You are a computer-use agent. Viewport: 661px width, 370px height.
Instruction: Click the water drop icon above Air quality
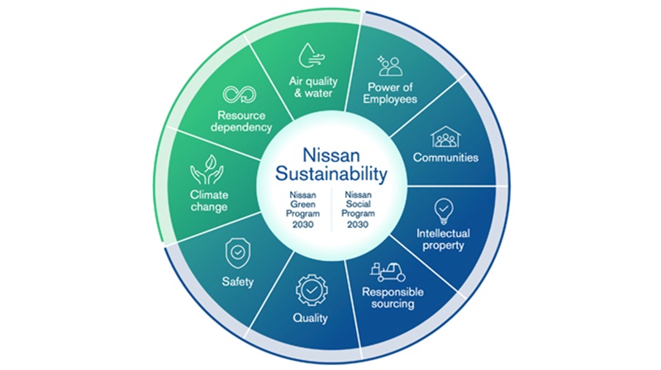point(311,55)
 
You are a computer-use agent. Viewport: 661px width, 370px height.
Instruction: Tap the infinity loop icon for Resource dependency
point(240,94)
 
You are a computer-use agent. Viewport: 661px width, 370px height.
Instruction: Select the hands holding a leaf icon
point(207,169)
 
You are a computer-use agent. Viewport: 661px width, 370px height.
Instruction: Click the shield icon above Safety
point(238,253)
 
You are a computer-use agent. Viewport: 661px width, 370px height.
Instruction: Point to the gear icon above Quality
point(311,290)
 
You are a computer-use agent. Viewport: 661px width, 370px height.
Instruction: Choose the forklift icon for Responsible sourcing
point(388,273)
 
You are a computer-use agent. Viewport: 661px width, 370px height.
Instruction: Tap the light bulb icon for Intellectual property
point(444,211)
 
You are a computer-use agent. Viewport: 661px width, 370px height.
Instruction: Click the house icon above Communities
point(445,136)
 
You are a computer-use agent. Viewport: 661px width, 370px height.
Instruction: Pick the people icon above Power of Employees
point(390,66)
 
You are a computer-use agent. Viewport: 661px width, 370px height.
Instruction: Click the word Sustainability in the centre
point(331,173)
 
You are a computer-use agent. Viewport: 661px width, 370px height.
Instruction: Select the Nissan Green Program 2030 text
point(302,210)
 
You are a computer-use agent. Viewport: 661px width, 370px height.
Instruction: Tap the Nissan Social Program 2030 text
point(358,210)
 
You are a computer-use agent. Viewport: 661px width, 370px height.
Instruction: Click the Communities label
point(445,158)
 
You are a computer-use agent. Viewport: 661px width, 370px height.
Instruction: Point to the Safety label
point(238,282)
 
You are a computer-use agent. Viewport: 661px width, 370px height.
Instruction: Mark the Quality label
point(311,318)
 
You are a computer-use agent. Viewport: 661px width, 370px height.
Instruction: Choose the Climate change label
point(209,201)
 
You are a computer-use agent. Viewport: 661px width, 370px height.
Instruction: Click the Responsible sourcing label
point(392,298)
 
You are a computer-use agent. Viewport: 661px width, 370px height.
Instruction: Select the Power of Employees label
point(390,93)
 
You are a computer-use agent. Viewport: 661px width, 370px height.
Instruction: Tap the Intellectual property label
point(443,240)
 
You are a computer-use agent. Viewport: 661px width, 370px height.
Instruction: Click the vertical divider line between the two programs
point(331,210)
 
